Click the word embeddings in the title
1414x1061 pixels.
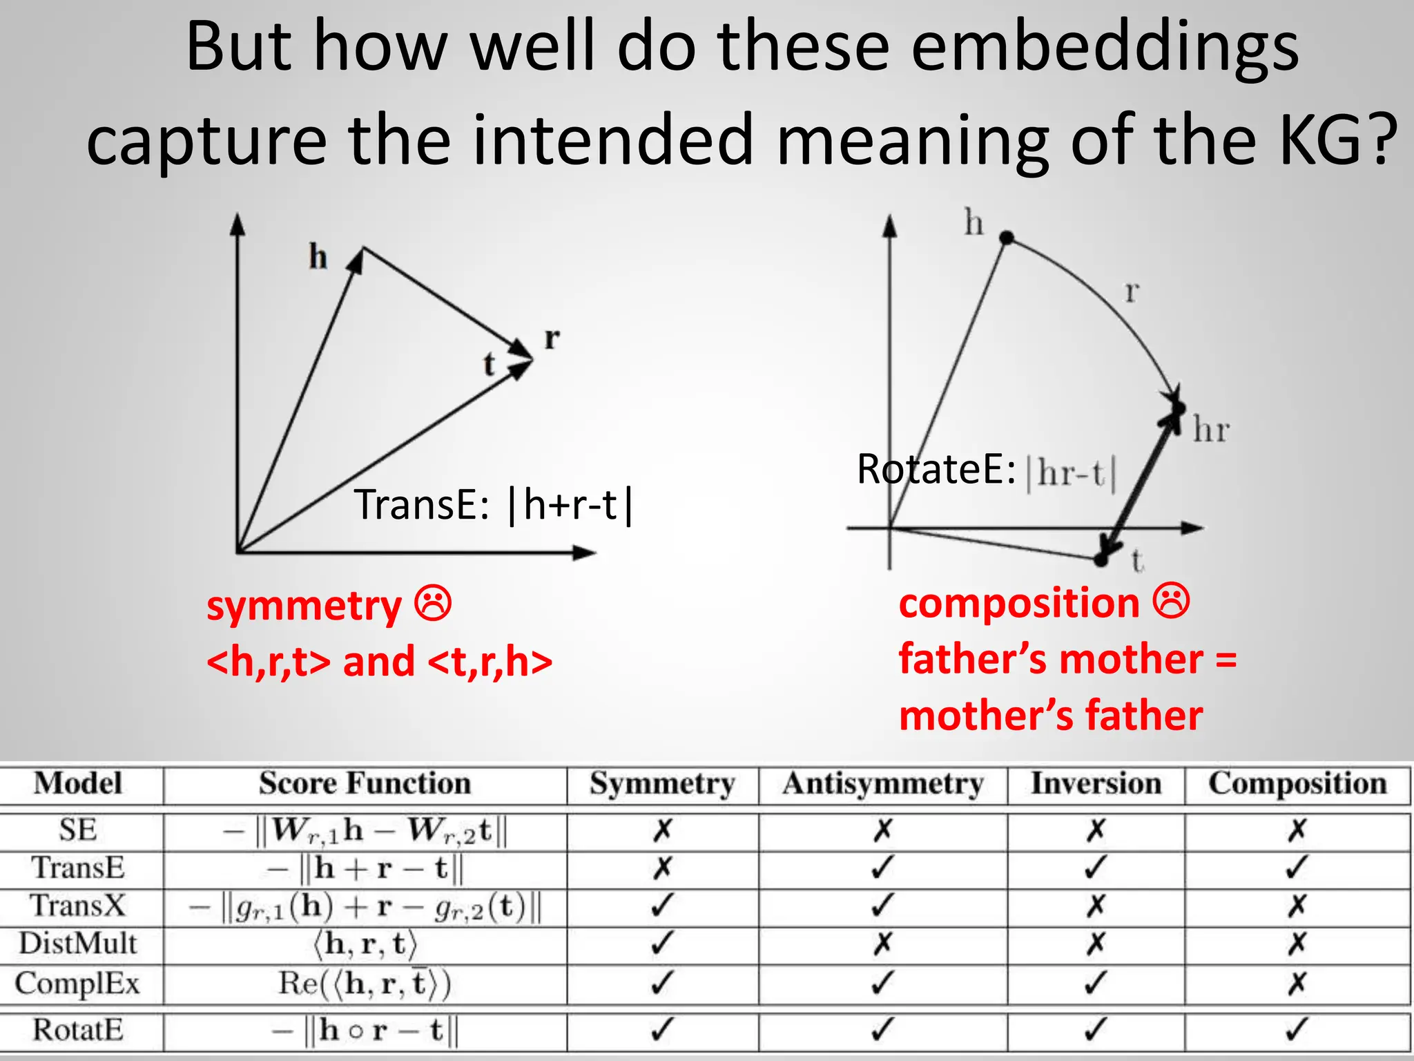point(1105,47)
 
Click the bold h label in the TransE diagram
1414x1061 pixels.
point(318,257)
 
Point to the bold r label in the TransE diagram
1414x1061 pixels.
point(552,338)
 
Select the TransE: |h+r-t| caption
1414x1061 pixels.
point(493,505)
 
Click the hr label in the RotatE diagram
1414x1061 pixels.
point(1211,430)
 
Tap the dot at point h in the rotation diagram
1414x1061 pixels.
point(1007,238)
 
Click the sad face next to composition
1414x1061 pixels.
point(1171,601)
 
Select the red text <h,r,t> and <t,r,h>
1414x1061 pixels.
point(379,661)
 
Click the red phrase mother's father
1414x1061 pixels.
point(1050,715)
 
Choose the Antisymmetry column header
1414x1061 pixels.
point(882,784)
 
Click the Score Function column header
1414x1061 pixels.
point(365,784)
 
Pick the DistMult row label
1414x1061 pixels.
point(78,944)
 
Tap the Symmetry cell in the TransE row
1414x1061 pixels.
point(661,868)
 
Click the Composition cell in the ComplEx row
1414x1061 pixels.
point(1297,983)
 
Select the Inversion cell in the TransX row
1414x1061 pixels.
point(1096,906)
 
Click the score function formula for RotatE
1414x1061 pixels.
point(365,1031)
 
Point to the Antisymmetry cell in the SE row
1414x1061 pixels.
point(882,830)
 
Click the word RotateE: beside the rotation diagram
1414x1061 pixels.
point(936,470)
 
